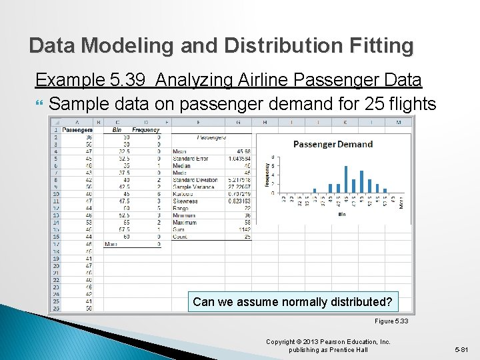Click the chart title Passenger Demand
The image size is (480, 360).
pyautogui.click(x=333, y=144)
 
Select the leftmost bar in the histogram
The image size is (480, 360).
pyautogui.click(x=315, y=191)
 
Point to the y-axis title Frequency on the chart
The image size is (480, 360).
pyautogui.click(x=267, y=175)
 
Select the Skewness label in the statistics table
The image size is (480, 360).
pyautogui.click(x=185, y=201)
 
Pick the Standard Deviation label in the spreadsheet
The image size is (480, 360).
pyautogui.click(x=195, y=180)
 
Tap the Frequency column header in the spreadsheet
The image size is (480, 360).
pyautogui.click(x=145, y=130)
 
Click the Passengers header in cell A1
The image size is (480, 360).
pyautogui.click(x=77, y=130)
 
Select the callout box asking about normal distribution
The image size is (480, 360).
pyautogui.click(x=292, y=302)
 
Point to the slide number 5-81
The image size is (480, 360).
pyautogui.click(x=461, y=349)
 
